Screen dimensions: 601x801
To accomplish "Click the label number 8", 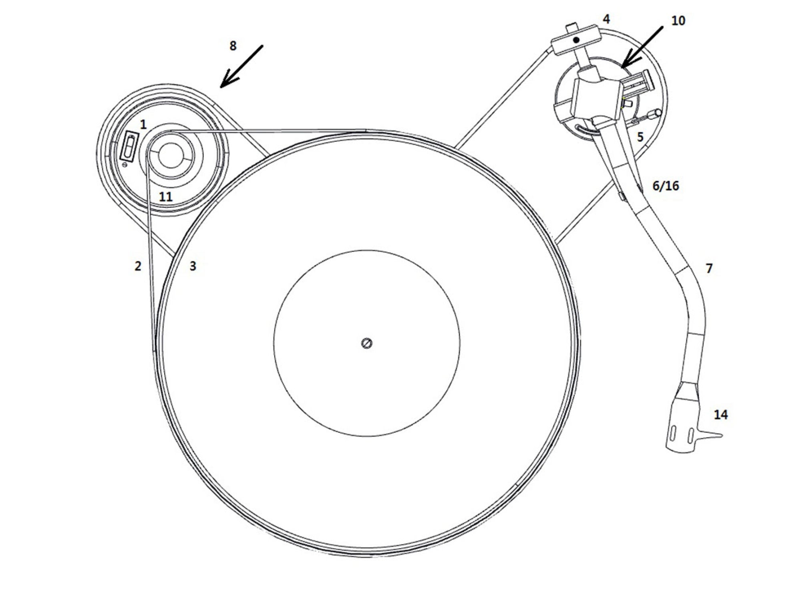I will pyautogui.click(x=233, y=46).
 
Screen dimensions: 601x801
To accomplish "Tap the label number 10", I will pyautogui.click(x=678, y=21).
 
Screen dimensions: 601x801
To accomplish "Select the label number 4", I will pyautogui.click(x=606, y=19).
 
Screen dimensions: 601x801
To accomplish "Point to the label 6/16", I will pyautogui.click(x=666, y=186).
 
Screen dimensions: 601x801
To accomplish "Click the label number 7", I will pyautogui.click(x=709, y=268).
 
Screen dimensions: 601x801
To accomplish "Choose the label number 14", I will pyautogui.click(x=720, y=415).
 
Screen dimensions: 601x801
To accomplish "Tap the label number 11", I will pyautogui.click(x=166, y=197).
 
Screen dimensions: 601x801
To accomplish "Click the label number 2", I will pyautogui.click(x=138, y=266).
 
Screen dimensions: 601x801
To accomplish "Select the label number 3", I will pyautogui.click(x=193, y=266).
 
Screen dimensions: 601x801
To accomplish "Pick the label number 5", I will pyautogui.click(x=640, y=137).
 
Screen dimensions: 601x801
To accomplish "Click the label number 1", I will pyautogui.click(x=143, y=125).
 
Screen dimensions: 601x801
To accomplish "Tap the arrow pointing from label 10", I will pyautogui.click(x=641, y=46).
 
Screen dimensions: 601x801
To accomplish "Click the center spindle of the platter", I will pyautogui.click(x=367, y=343).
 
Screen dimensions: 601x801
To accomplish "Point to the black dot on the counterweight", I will pyautogui.click(x=576, y=40).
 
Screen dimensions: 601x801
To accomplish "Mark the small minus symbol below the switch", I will pyautogui.click(x=125, y=165).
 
